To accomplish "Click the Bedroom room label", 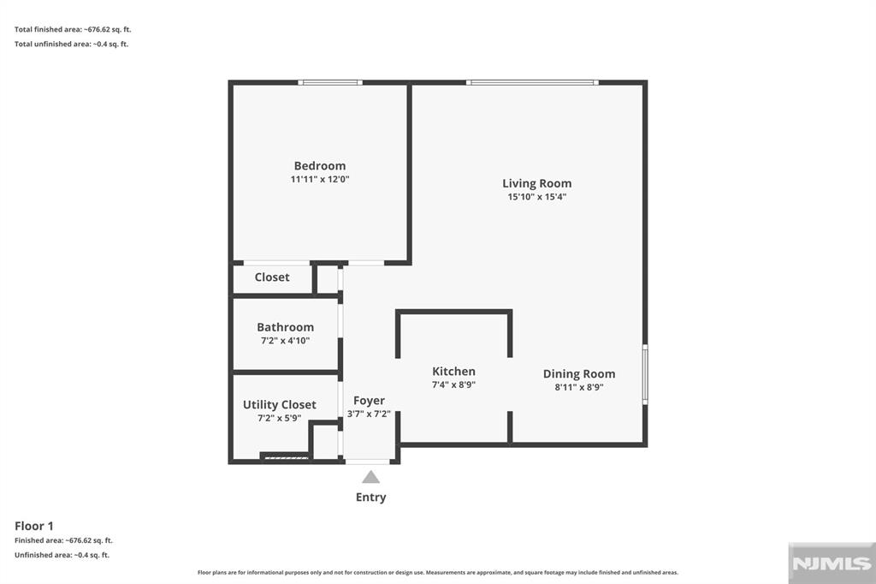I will coord(320,166).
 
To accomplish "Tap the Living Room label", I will coord(536,183).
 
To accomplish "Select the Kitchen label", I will coord(453,372).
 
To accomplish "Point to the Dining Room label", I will coord(579,374).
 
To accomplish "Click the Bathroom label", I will coord(285,327).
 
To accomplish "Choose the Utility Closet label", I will coord(279,405).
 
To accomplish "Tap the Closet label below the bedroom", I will coord(272,277).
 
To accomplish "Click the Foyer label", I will coord(369,401).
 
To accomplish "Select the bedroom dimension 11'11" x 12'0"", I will coord(320,180).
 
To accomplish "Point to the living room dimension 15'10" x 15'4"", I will coord(536,197).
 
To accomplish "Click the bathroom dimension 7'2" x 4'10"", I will coord(285,341).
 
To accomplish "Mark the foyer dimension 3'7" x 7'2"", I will coord(369,414).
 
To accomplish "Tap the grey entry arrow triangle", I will coord(370,477).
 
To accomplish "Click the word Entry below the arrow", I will coord(370,498).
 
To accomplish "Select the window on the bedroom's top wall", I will coord(330,82).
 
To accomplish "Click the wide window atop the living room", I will coord(531,82).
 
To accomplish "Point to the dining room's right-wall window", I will coord(645,374).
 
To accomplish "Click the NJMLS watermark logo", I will coord(831,563).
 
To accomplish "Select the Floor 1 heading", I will coord(34,526).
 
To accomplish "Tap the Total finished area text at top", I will coord(73,29).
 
